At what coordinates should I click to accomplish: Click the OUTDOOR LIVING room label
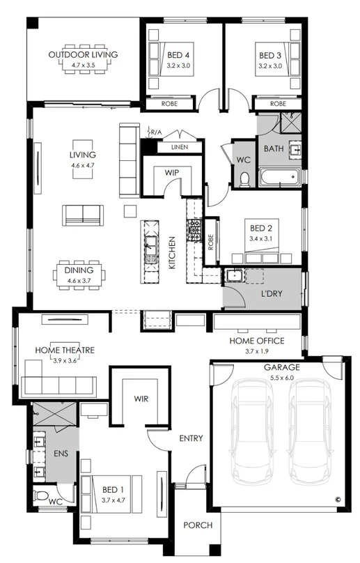[83, 54]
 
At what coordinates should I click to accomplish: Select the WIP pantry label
[173, 171]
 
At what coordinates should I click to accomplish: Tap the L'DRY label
[271, 294]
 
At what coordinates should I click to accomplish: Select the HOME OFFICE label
[257, 341]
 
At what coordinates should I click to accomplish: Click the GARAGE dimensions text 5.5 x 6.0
[281, 377]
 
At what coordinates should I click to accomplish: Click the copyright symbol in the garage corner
[338, 499]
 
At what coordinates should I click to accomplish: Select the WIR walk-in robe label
[141, 400]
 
